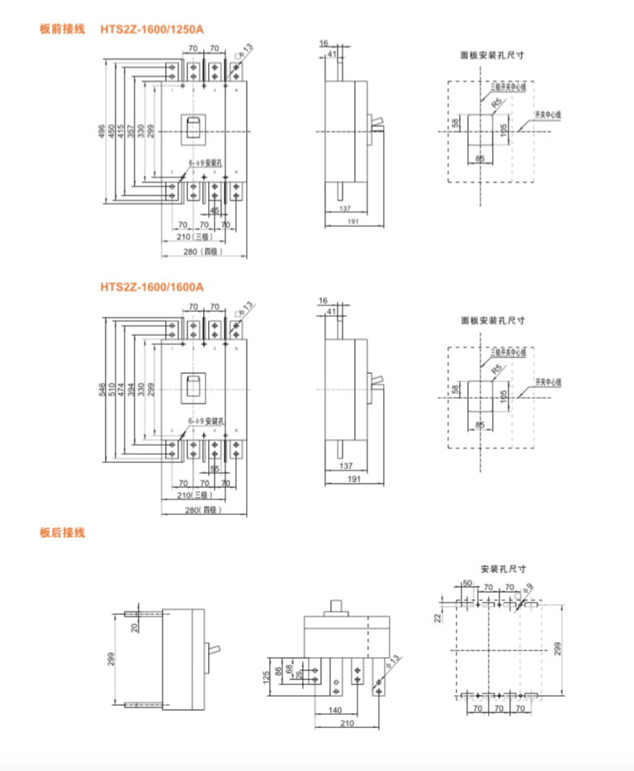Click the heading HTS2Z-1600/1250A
coord(151,29)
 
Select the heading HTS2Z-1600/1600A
coord(151,286)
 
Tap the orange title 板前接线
coord(62,29)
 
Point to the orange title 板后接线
coord(62,533)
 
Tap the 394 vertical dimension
coord(131,389)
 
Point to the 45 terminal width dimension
coord(215,211)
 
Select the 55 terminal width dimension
coord(215,468)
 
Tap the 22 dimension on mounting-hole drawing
coord(438,617)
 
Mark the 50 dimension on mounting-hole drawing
coord(466,584)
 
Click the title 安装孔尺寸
coord(503,569)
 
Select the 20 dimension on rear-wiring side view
coord(135,627)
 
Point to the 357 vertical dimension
coord(131,132)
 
